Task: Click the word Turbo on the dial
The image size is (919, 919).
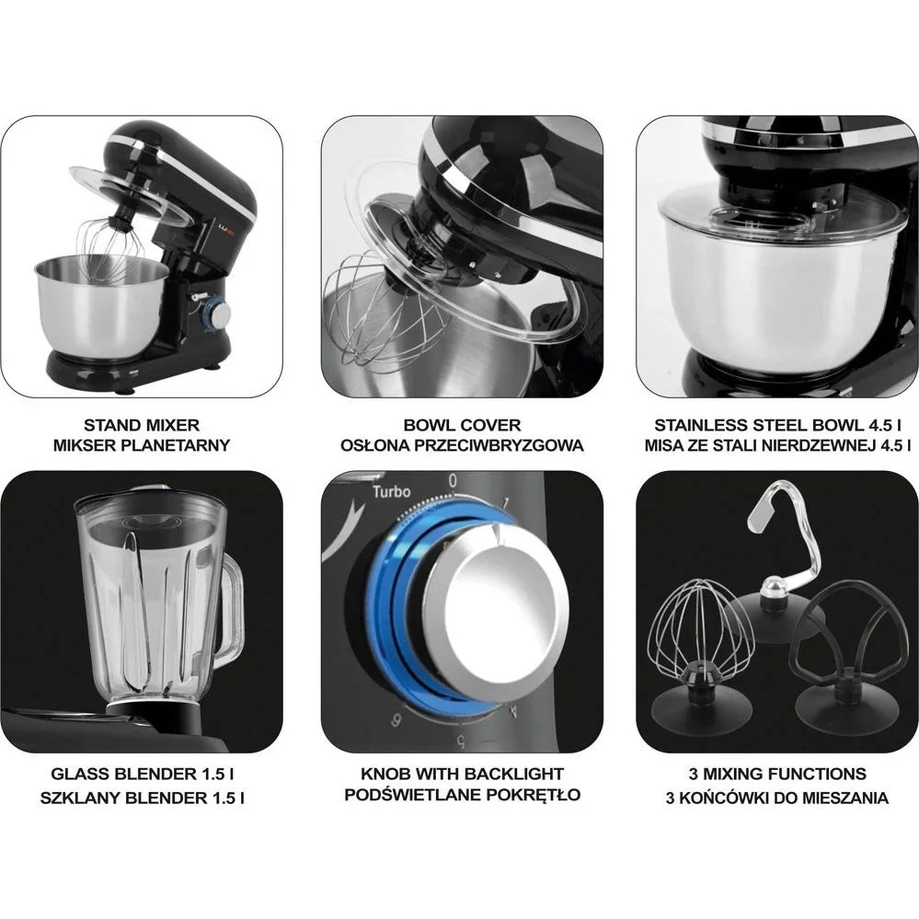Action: pos(391,492)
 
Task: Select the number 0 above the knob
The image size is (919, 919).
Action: pos(452,480)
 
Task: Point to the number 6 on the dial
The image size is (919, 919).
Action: pos(395,720)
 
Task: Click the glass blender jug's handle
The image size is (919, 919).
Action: pos(230,612)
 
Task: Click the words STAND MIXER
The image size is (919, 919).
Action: pos(142,426)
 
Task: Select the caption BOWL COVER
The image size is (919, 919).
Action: pos(462,426)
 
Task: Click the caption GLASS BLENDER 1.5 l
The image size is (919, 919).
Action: pos(142,775)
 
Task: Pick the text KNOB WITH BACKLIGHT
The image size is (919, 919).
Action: pos(462,775)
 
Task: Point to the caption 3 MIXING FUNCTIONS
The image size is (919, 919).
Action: pos(777,775)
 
